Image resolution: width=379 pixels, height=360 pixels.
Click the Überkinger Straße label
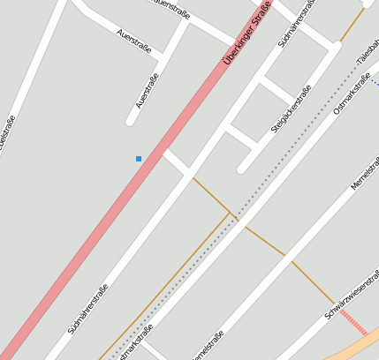(247, 34)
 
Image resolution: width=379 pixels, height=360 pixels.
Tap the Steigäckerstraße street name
(291, 109)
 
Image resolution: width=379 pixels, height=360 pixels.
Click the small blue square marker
(139, 159)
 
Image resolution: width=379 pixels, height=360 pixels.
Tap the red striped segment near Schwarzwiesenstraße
(353, 323)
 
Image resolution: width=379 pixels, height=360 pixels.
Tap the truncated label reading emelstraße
(208, 346)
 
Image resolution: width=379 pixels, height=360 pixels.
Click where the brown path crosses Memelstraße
(287, 257)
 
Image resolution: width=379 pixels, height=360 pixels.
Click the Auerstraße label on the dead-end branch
(148, 92)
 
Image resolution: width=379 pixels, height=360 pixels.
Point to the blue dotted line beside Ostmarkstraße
(375, 83)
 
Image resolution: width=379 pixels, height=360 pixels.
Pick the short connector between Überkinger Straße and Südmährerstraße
(176, 162)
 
